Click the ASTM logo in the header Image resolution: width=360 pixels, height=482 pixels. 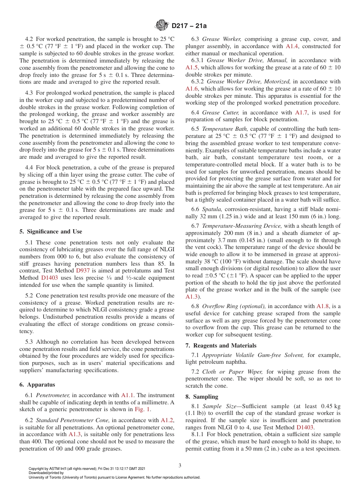click(x=163, y=26)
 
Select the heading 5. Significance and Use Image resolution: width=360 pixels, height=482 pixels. click(x=51, y=232)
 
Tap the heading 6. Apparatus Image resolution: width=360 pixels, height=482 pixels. click(x=37, y=385)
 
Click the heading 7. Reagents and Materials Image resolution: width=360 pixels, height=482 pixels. click(x=221, y=346)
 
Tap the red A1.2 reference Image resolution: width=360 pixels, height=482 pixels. click(x=166, y=420)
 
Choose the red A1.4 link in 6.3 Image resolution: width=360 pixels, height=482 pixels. click(x=292, y=46)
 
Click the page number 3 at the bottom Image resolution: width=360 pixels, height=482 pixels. click(x=180, y=466)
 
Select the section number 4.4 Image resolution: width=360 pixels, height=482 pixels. click(x=30, y=167)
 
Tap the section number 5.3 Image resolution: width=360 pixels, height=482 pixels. click(x=30, y=342)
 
